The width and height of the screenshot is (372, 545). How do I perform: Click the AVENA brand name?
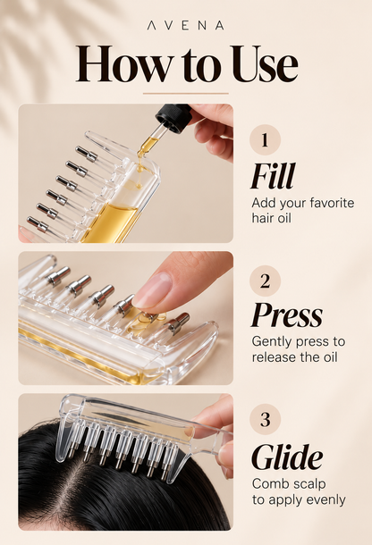(x=185, y=25)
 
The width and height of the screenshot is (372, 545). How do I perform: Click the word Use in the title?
(x=264, y=64)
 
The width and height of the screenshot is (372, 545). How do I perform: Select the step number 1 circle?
(x=265, y=139)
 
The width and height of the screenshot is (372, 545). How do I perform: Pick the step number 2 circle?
(x=265, y=281)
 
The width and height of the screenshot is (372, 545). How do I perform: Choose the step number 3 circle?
(x=265, y=419)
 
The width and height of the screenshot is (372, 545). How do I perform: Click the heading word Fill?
(x=273, y=175)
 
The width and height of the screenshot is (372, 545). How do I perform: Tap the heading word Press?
(x=286, y=314)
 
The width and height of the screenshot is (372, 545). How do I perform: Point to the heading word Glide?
(x=287, y=457)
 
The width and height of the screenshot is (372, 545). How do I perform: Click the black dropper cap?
(x=173, y=118)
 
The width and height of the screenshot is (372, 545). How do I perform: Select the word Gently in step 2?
(x=272, y=342)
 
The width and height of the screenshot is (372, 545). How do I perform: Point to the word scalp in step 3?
(x=309, y=484)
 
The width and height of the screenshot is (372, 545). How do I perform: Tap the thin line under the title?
(x=186, y=94)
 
